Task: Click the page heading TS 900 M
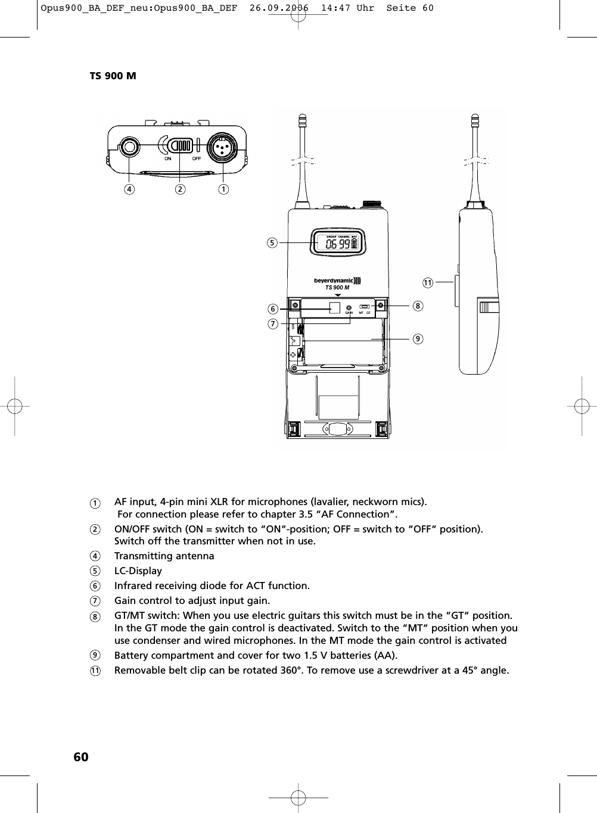click(x=113, y=76)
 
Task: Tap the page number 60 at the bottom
click(x=80, y=756)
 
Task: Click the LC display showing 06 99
click(x=338, y=243)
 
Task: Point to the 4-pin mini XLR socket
click(x=222, y=147)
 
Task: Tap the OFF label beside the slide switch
click(x=196, y=158)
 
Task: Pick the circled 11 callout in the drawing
click(x=427, y=282)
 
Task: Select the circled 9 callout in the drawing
click(x=418, y=338)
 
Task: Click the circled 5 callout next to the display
click(x=272, y=242)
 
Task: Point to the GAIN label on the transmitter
click(x=349, y=313)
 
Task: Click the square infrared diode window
click(x=334, y=307)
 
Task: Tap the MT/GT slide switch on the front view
click(x=365, y=307)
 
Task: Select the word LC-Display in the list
click(x=138, y=571)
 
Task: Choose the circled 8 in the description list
click(x=95, y=616)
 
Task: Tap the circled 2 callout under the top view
click(x=179, y=189)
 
